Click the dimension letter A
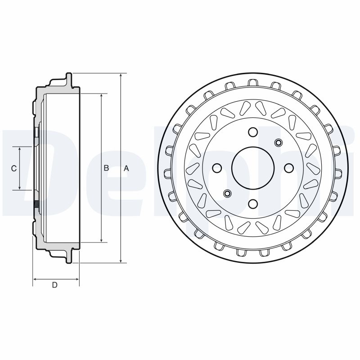pyautogui.click(x=126, y=168)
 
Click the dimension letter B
pyautogui.click(x=107, y=168)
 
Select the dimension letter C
pyautogui.click(x=14, y=168)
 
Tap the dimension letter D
pyautogui.click(x=54, y=285)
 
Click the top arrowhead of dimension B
pyautogui.click(x=101, y=96)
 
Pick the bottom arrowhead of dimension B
pyautogui.click(x=101, y=239)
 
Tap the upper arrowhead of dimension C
pyautogui.click(x=20, y=149)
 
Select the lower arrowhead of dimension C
pyautogui.click(x=20, y=188)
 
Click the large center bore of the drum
pyautogui.click(x=252, y=168)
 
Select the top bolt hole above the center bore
pyautogui.click(x=252, y=132)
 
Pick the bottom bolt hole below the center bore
pyautogui.click(x=252, y=204)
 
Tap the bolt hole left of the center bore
pyautogui.click(x=217, y=168)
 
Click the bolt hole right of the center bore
pyautogui.click(x=288, y=168)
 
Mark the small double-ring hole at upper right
pyautogui.click(x=278, y=143)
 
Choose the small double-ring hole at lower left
pyautogui.click(x=227, y=193)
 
